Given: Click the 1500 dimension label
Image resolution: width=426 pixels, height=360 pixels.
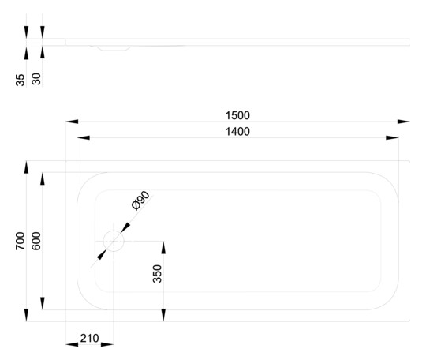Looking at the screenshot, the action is [237, 115].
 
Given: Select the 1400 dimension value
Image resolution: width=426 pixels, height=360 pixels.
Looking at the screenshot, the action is [237, 132].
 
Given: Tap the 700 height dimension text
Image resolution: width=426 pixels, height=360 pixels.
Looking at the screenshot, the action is [20, 241].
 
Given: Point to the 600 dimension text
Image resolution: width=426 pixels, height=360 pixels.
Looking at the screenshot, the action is [36, 241].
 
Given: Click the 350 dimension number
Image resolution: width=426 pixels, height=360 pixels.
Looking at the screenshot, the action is [157, 273].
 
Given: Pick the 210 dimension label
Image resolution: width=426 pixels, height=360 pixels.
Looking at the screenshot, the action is [89, 338].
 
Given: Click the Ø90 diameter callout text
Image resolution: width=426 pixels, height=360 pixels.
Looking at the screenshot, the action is [140, 201].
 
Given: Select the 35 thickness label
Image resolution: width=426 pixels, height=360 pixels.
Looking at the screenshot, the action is [20, 80].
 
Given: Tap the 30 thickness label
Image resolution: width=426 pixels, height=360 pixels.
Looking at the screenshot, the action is [36, 79].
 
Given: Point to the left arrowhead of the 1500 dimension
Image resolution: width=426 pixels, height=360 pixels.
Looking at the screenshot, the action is [72, 122].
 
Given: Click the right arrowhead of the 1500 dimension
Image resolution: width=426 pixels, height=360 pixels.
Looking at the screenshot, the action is [403, 122].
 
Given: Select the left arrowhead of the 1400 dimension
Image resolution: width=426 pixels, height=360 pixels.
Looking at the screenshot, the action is [83, 138].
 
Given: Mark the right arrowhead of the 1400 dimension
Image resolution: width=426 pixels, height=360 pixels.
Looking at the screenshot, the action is [392, 138].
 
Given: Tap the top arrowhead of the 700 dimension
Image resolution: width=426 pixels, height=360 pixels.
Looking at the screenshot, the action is [26, 167].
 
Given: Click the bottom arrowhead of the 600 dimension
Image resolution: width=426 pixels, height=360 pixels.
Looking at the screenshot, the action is [43, 303].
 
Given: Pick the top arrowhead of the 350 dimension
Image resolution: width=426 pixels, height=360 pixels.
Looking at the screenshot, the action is [163, 247].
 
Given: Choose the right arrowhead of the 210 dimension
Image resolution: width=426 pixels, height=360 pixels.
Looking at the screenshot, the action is [107, 344].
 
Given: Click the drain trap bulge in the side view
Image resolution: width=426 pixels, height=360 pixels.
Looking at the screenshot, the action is [114, 49].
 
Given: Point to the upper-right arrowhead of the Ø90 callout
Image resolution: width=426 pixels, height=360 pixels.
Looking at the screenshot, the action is [125, 228].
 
